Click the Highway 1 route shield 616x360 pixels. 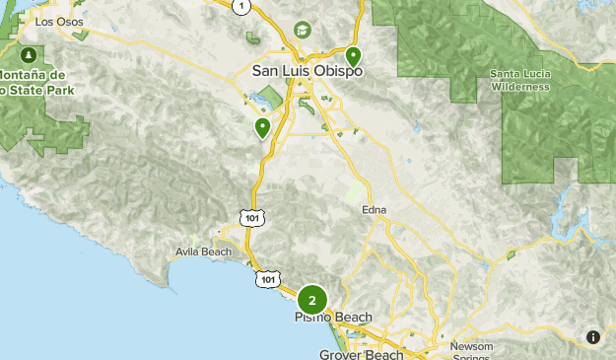(240, 7)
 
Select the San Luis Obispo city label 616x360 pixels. (308, 72)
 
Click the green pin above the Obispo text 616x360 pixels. (352, 56)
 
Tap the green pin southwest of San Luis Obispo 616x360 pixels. (263, 127)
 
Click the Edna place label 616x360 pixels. (375, 210)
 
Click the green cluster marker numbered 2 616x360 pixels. (312, 300)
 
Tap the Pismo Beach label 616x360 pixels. (333, 318)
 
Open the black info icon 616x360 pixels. (592, 336)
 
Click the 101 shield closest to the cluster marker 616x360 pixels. (268, 281)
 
